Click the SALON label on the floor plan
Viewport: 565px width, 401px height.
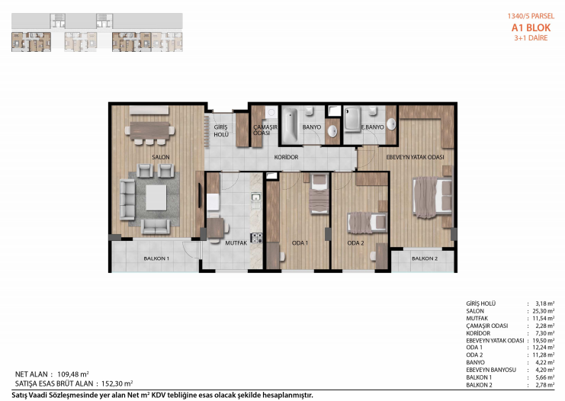click(x=161, y=158)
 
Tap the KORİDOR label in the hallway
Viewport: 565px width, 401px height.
click(x=286, y=158)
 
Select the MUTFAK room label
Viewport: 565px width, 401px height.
click(x=236, y=243)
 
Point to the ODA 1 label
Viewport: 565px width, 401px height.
click(x=300, y=243)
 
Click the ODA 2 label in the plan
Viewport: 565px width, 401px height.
click(x=355, y=243)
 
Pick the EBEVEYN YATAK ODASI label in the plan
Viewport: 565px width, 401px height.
click(x=415, y=158)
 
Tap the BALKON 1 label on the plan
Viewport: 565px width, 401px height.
click(x=156, y=258)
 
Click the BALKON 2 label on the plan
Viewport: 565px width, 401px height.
click(x=425, y=258)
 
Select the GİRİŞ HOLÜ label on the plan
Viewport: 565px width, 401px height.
click(x=221, y=131)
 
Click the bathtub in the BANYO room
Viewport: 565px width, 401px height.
click(x=290, y=126)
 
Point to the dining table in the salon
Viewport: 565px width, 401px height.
click(x=149, y=131)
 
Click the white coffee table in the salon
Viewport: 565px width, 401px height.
click(x=156, y=197)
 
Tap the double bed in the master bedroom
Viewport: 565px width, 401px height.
click(x=432, y=197)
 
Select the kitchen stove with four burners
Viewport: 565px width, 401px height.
click(x=256, y=238)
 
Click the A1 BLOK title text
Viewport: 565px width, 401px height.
click(x=531, y=27)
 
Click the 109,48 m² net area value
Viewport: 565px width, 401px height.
click(x=73, y=374)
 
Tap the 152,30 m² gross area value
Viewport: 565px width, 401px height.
click(x=117, y=383)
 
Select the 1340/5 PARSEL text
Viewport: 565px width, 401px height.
click(x=531, y=16)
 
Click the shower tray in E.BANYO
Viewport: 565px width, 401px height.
click(x=352, y=119)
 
